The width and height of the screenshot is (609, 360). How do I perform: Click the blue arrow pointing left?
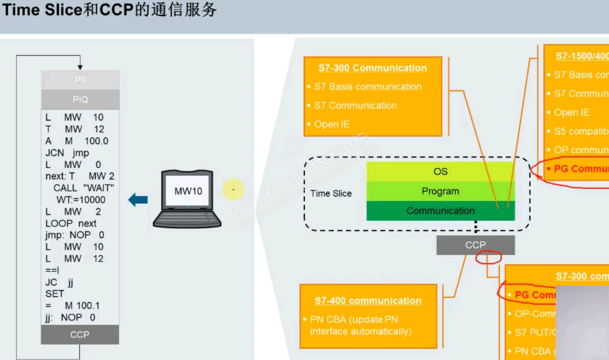138,200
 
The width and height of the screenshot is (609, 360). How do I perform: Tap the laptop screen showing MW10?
188,191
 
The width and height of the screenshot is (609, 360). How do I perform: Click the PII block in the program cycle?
80,80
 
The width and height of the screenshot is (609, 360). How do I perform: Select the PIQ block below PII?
80,99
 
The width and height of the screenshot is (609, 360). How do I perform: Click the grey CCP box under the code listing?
80,335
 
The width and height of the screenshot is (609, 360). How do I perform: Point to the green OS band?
440,172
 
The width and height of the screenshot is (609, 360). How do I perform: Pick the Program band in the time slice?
440,191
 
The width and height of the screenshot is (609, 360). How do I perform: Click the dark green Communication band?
440,211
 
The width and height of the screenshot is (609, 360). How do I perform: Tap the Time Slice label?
331,193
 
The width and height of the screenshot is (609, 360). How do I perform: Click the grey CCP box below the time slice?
475,245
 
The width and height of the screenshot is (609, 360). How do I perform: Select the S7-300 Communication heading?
372,68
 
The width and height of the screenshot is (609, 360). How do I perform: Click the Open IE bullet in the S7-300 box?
331,124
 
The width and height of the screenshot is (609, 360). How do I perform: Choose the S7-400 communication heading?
368,301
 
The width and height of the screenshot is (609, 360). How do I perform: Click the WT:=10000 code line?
81,200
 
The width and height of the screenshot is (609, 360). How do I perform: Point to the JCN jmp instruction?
67,153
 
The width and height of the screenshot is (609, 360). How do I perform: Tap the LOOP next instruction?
71,224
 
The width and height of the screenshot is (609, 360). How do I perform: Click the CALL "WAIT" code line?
83,188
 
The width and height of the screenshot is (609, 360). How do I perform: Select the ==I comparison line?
52,270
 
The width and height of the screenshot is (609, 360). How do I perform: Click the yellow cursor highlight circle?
233,190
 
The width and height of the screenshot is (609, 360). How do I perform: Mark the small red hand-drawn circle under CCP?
488,257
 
